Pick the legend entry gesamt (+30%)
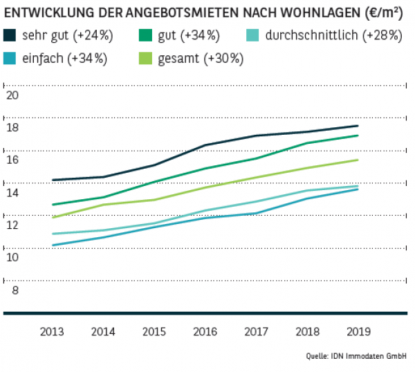(205, 58)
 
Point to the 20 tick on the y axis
(11, 95)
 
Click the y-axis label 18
(11, 128)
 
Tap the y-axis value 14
(11, 192)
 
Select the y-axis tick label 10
(11, 257)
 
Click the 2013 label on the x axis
(53, 331)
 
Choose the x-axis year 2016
(205, 331)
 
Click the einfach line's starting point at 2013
(53, 245)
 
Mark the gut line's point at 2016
(205, 168)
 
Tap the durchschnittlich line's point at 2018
(307, 191)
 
